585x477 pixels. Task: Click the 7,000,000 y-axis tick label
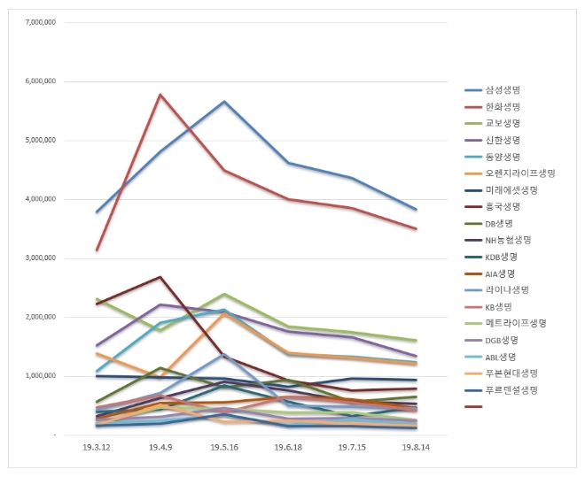tap(40, 21)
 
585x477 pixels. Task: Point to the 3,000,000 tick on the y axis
tap(40, 258)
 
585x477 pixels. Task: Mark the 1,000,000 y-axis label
tap(40, 376)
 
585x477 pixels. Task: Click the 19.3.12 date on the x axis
tap(96, 449)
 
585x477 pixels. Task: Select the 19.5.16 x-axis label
tap(224, 449)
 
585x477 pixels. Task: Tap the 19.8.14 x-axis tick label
tap(416, 449)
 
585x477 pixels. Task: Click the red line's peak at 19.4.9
tap(160, 95)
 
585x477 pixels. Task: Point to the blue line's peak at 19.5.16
tap(224, 102)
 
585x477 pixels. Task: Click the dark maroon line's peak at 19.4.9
tap(160, 277)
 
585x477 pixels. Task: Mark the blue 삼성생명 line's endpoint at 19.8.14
tap(416, 210)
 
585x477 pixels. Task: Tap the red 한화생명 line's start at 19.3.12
tap(96, 250)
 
